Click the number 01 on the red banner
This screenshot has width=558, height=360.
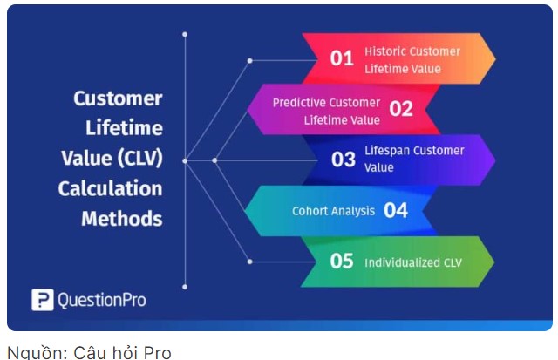pyautogui.click(x=342, y=58)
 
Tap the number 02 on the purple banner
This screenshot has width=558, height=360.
pyautogui.click(x=401, y=108)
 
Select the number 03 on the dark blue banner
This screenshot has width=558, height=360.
pyautogui.click(x=344, y=160)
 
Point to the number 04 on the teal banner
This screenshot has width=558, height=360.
pyautogui.click(x=396, y=210)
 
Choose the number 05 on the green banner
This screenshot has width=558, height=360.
pyautogui.click(x=342, y=262)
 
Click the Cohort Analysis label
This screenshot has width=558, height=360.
pyautogui.click(x=333, y=211)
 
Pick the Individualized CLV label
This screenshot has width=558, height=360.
pyautogui.click(x=413, y=262)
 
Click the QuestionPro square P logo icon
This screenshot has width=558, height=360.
pyautogui.click(x=43, y=300)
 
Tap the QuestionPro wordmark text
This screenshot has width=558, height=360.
pyautogui.click(x=102, y=300)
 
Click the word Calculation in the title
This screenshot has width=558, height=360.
pyautogui.click(x=110, y=188)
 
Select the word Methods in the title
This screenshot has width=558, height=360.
pyautogui.click(x=122, y=219)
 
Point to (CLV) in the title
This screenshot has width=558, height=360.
pyautogui.click(x=139, y=159)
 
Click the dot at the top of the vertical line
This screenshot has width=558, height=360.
pyautogui.click(x=185, y=35)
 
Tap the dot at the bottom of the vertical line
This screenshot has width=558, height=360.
pyautogui.click(x=185, y=287)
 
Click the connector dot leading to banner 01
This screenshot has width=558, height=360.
pyautogui.click(x=250, y=61)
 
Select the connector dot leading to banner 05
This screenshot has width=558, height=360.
pyautogui.click(x=250, y=262)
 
